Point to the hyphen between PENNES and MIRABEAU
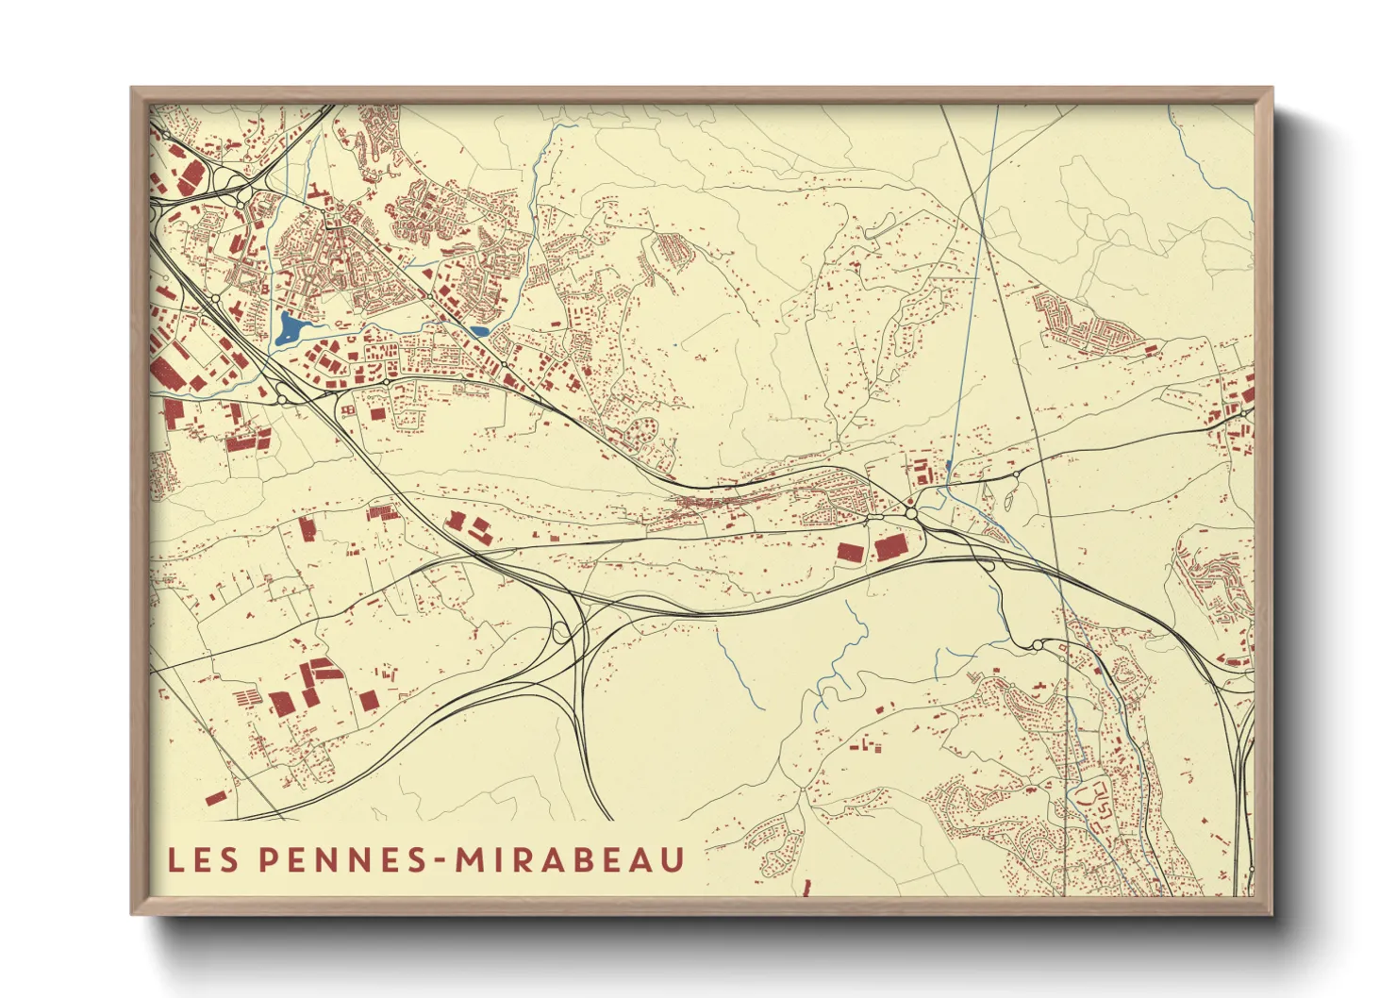pyautogui.click(x=441, y=860)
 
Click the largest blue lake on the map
pyautogui.click(x=290, y=328)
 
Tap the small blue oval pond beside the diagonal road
pyautogui.click(x=479, y=331)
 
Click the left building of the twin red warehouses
pyautogui.click(x=850, y=552)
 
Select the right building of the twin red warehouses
pyautogui.click(x=889, y=546)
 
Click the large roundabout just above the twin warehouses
pyautogui.click(x=911, y=512)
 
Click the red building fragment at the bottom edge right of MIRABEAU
pyautogui.click(x=807, y=888)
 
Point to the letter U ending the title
pyautogui.click(x=672, y=859)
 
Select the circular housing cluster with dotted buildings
pyautogui.click(x=645, y=433)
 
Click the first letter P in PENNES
pyautogui.click(x=268, y=859)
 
